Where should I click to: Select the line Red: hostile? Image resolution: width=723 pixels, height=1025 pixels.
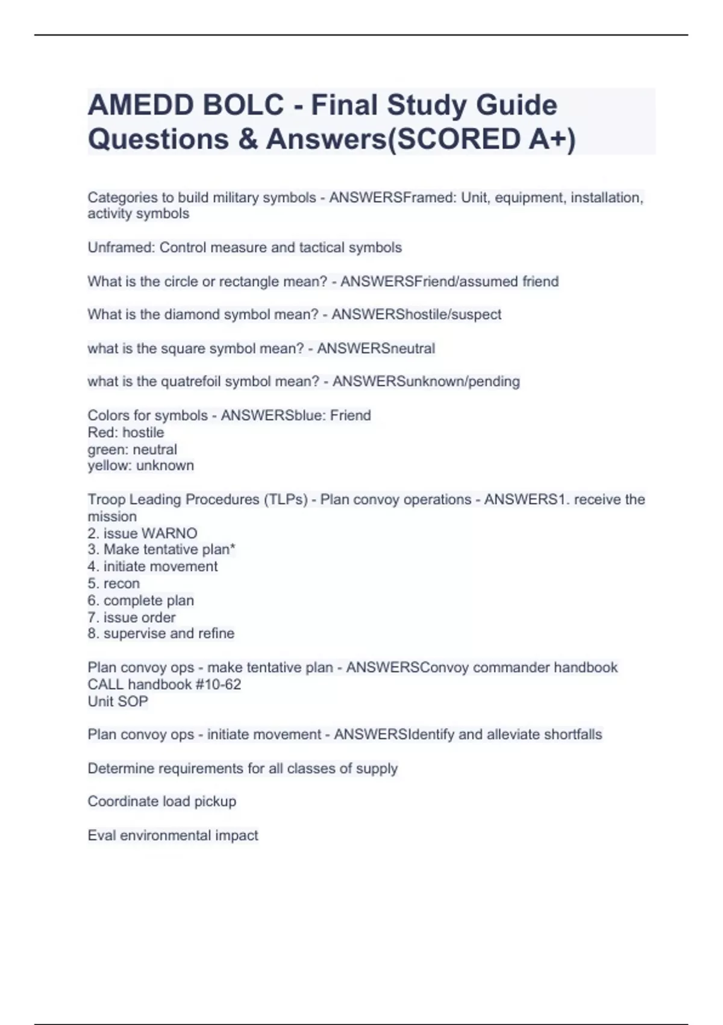point(125,432)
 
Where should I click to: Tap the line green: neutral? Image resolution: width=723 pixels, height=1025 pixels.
point(132,449)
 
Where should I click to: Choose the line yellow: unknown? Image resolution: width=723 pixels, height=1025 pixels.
point(140,465)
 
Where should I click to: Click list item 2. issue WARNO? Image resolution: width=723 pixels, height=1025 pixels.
point(142,533)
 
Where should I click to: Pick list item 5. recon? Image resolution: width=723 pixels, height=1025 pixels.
point(113,584)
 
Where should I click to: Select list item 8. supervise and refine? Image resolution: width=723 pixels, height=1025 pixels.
point(161,634)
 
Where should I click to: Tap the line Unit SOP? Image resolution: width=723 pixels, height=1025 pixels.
point(117,701)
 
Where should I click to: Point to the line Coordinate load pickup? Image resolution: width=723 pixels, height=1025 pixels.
point(161,801)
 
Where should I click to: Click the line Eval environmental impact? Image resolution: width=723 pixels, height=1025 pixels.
point(172,835)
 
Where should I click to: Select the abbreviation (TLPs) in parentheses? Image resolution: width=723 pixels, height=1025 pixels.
point(286,499)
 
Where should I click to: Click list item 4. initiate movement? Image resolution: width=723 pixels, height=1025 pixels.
point(152,567)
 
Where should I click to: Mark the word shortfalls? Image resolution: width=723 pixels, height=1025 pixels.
point(572,734)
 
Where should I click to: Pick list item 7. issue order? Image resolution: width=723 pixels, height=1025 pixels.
point(131,617)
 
